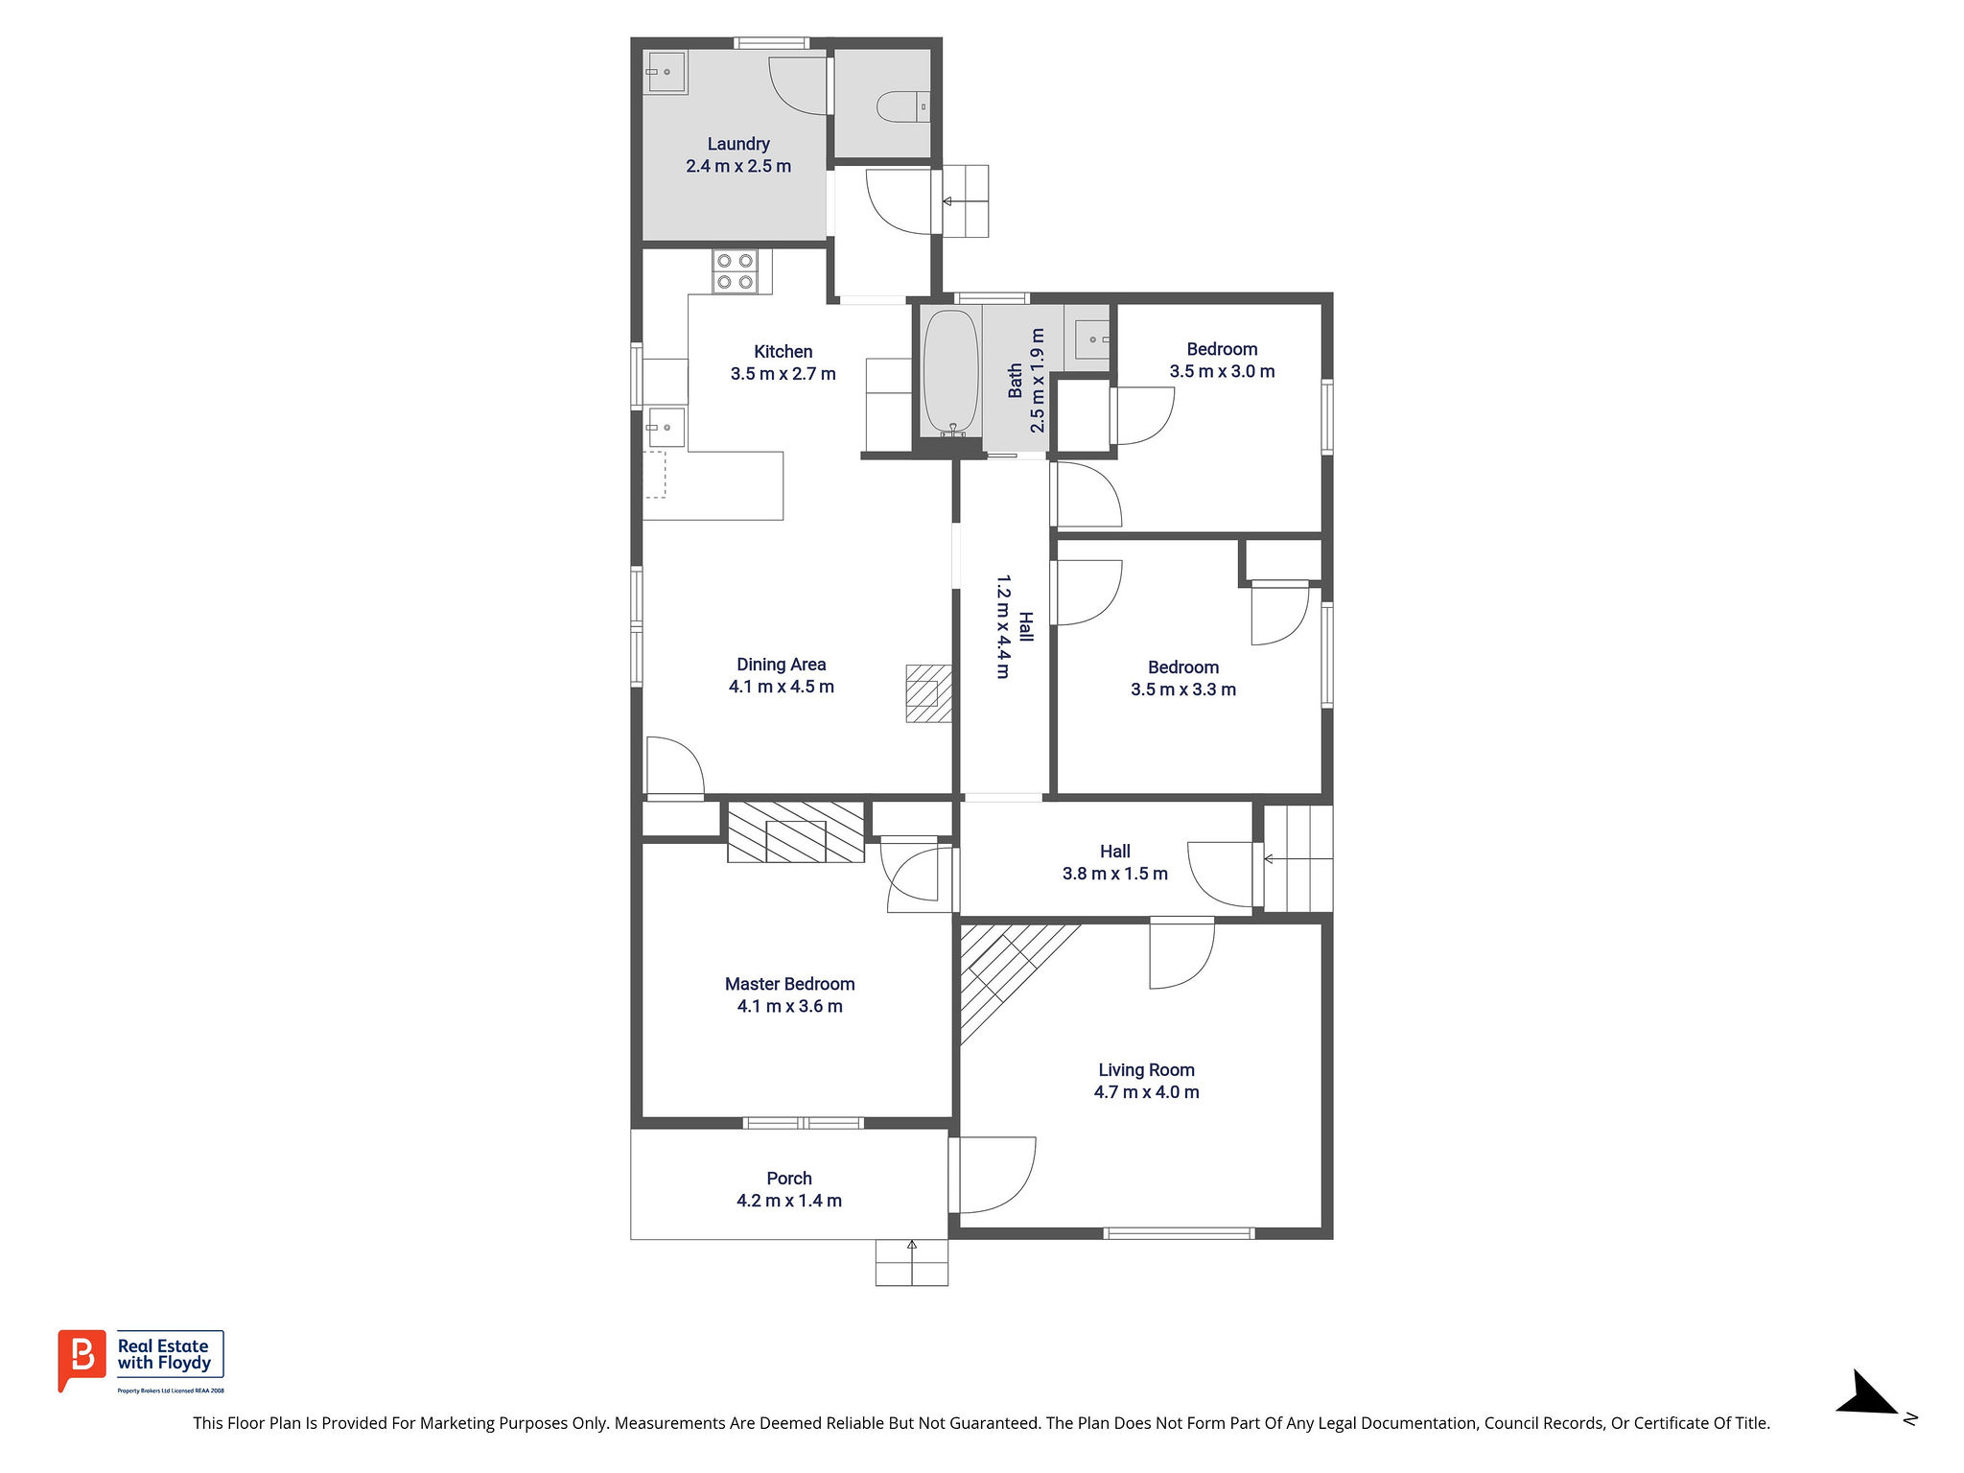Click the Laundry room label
click(x=738, y=144)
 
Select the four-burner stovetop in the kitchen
click(x=735, y=271)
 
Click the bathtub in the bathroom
click(x=950, y=373)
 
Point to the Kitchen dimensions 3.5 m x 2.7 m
click(x=783, y=374)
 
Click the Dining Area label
click(x=781, y=665)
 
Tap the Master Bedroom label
click(x=789, y=984)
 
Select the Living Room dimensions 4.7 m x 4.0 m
click(x=1146, y=1092)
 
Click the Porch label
click(x=789, y=1179)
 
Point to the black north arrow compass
click(x=1867, y=1392)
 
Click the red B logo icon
click(x=82, y=1359)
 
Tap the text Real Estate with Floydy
click(x=164, y=1354)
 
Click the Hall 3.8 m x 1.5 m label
click(x=1114, y=862)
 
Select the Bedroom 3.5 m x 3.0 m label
click(x=1222, y=361)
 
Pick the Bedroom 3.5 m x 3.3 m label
click(x=1183, y=678)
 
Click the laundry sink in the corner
click(x=666, y=72)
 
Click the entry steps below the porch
click(x=911, y=1263)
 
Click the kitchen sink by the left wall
click(x=665, y=428)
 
